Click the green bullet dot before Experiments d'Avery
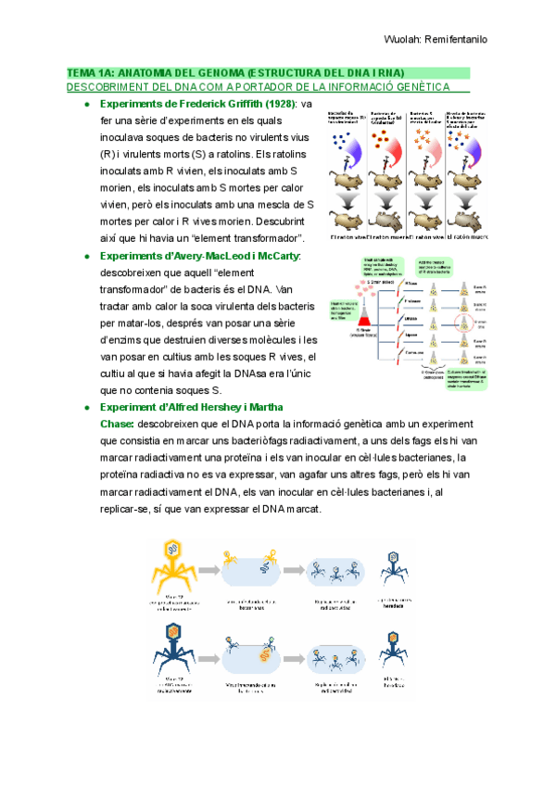click(86, 256)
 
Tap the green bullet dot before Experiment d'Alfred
click(86, 407)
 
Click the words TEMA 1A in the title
click(90, 72)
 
